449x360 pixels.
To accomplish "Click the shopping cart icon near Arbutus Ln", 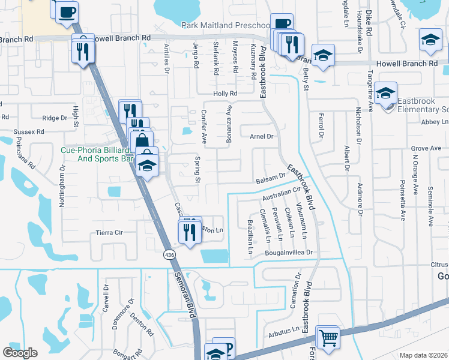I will [328, 337].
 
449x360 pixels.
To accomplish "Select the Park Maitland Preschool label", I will [226, 25].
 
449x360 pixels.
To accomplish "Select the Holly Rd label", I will [226, 94].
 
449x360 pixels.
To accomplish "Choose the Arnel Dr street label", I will [261, 137].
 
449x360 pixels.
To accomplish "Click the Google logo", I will [20, 352].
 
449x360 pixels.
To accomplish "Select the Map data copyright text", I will [424, 355].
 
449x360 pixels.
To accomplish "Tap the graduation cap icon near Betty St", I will [323, 56].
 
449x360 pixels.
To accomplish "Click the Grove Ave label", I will [426, 148].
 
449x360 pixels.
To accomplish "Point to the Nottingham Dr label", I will [62, 186].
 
